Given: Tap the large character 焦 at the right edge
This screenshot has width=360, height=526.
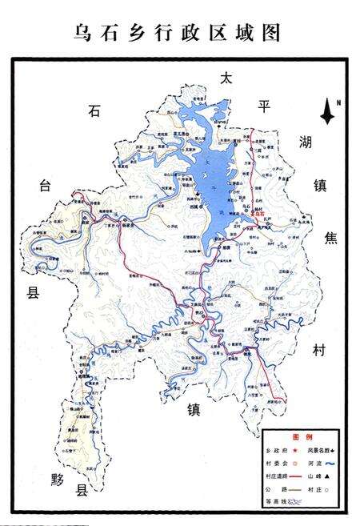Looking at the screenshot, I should pyautogui.click(x=330, y=239).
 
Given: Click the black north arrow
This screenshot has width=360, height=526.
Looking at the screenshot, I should pyautogui.click(x=327, y=113).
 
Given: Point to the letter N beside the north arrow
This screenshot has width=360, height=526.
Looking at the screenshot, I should pyautogui.click(x=338, y=102).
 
